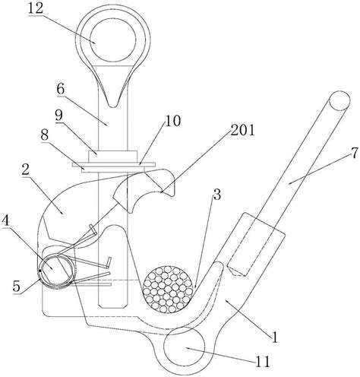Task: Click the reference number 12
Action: point(36,8)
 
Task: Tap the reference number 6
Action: point(61,89)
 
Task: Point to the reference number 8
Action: point(45,135)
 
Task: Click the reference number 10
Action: point(173,121)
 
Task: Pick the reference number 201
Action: point(242,130)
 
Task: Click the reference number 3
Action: point(216,194)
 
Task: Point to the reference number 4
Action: point(6,223)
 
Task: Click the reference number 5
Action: point(17,287)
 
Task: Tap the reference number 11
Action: point(263,363)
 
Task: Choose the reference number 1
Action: point(274,337)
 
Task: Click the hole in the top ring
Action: point(113,40)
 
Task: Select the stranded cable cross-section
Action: point(168,290)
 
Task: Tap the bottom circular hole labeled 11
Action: point(185,347)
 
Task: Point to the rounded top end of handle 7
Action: point(340,101)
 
